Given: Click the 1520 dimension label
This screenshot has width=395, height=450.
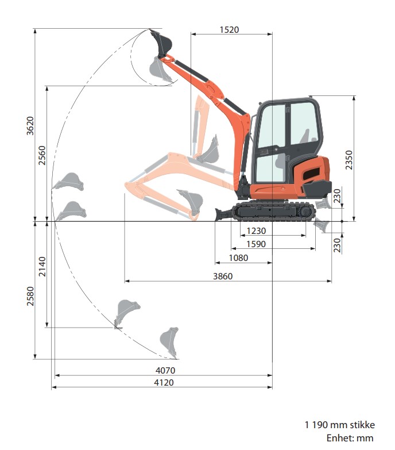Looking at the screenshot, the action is click(229, 29).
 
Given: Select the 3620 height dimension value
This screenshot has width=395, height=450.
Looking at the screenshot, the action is click(30, 126).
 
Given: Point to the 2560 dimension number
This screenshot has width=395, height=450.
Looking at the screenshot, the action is click(42, 155).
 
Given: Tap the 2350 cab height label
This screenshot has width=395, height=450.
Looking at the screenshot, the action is click(349, 160).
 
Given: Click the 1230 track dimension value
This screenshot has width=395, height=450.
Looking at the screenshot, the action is click(256, 230).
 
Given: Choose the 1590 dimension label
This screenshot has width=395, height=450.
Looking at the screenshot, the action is click(256, 244).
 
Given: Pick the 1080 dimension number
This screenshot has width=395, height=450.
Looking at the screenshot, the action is click(238, 257).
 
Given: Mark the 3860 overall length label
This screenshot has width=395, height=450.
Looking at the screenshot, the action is click(223, 276).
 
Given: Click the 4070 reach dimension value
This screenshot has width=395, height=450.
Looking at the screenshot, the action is click(165, 370).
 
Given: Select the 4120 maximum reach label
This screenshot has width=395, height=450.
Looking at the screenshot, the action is click(164, 382).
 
